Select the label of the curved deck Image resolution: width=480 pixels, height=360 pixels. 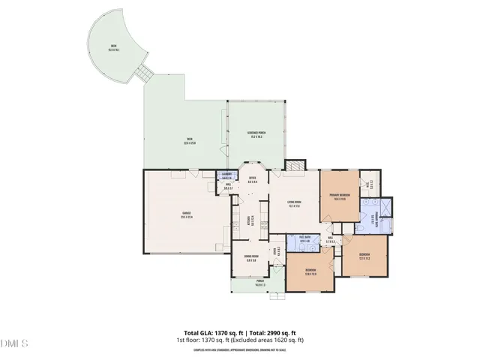113,47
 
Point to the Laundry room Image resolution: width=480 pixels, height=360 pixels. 227,176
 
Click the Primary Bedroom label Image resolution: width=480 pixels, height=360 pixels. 340,198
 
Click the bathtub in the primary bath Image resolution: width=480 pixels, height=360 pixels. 369,220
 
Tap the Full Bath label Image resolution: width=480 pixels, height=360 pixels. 305,239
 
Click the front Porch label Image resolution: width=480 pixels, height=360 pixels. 260,283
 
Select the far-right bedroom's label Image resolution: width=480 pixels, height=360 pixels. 364,256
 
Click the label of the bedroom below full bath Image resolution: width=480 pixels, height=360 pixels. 310,271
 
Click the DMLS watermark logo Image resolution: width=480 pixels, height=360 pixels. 13,343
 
